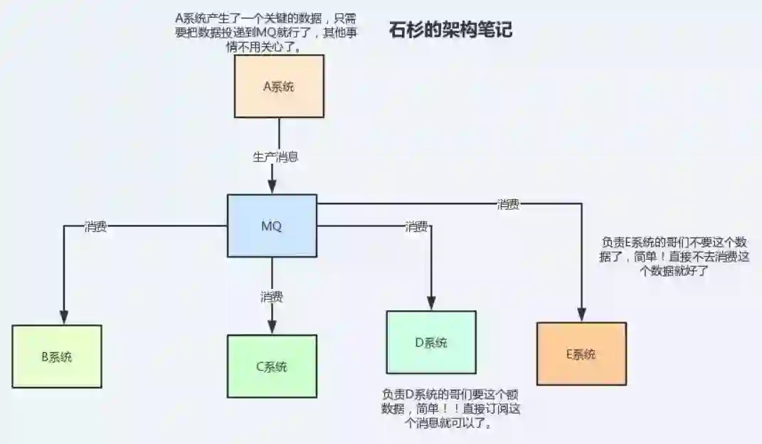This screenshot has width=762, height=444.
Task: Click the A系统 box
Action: click(x=279, y=86)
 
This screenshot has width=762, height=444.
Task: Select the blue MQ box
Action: click(x=272, y=226)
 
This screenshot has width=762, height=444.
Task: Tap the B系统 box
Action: click(x=57, y=356)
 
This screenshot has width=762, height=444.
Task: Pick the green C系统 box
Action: click(x=272, y=366)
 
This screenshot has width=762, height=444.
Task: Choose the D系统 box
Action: click(x=431, y=342)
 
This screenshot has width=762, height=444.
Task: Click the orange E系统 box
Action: click(x=581, y=354)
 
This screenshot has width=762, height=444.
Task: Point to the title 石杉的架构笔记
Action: click(x=451, y=31)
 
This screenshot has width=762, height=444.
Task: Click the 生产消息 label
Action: click(x=275, y=157)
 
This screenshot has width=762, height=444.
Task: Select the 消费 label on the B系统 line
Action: click(x=95, y=227)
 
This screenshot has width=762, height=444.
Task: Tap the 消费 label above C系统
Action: click(x=272, y=296)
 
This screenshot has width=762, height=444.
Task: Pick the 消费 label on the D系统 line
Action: click(x=416, y=227)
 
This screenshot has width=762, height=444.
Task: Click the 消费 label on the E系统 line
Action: click(x=507, y=205)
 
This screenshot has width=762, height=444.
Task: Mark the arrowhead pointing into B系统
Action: click(x=64, y=318)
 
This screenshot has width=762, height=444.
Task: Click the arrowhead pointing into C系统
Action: click(x=272, y=329)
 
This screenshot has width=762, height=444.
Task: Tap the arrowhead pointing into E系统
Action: click(x=581, y=315)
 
